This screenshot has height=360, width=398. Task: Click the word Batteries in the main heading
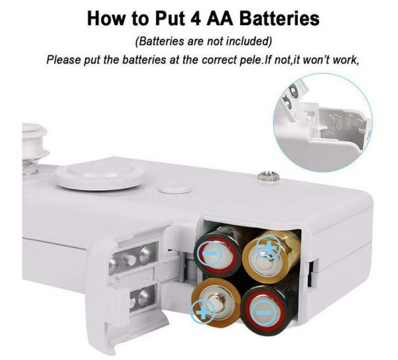click(279, 19)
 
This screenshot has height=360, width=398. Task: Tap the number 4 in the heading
click(196, 19)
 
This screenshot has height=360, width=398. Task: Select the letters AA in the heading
click(220, 19)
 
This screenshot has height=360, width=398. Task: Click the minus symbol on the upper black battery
click(210, 253)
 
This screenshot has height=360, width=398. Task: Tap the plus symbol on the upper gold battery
click(268, 247)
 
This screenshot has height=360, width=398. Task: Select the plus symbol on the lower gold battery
click(202, 312)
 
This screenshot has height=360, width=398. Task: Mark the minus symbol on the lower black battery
click(264, 312)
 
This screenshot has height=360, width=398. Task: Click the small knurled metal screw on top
click(269, 177)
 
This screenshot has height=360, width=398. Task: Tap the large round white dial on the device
click(100, 176)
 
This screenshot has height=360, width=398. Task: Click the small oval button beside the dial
click(174, 189)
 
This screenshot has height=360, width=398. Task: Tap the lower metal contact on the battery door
click(142, 297)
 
